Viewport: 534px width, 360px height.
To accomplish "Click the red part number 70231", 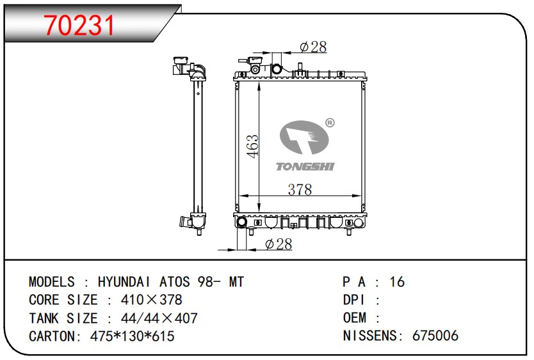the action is click(x=79, y=26).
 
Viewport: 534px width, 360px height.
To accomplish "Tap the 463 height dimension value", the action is click(x=253, y=147).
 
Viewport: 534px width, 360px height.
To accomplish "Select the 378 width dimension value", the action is click(x=300, y=190).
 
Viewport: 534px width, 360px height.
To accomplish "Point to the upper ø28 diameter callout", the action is click(x=313, y=47).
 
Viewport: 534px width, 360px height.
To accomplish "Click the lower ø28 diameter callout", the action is click(x=279, y=244).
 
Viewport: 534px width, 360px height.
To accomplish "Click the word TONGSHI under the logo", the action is click(x=305, y=167).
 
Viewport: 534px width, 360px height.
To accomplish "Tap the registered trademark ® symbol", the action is click(x=330, y=122).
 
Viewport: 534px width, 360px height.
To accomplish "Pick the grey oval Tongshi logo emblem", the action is click(x=304, y=138).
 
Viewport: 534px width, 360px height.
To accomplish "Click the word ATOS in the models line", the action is click(x=175, y=282).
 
